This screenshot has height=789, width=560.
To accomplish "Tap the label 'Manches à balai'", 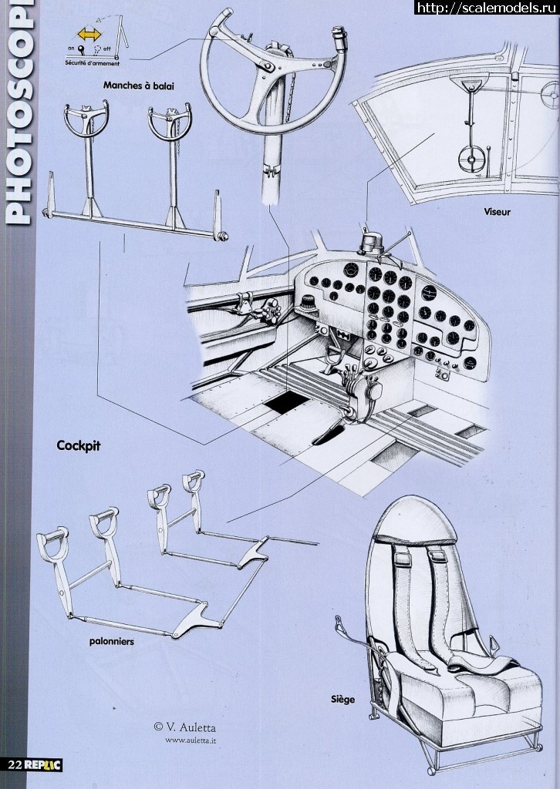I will tap(139, 86).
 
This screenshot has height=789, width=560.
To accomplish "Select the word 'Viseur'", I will tap(497, 210).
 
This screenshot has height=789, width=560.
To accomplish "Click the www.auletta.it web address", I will tap(191, 740).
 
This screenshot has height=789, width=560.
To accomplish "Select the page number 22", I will tap(15, 764).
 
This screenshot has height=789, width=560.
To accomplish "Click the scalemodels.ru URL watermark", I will tap(487, 8).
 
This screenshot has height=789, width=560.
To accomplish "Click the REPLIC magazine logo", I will tap(44, 764).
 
